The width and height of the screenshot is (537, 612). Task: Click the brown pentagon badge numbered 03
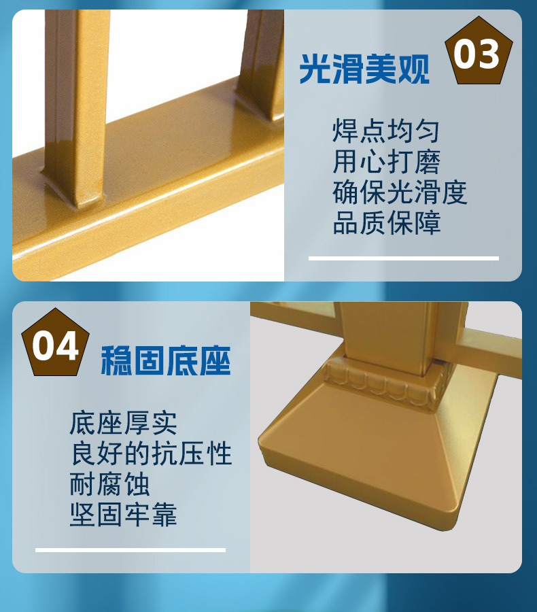click(479, 54)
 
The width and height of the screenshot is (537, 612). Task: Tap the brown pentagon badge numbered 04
click(56, 345)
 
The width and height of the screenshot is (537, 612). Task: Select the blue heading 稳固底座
click(166, 360)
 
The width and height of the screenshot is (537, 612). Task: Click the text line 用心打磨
click(386, 163)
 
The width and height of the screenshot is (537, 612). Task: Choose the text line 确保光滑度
click(400, 193)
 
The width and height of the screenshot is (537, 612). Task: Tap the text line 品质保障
click(386, 224)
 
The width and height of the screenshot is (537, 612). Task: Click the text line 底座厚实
click(123, 424)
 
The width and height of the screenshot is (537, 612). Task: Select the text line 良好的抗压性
click(150, 454)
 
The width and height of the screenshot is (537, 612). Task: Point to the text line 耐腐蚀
click(109, 485)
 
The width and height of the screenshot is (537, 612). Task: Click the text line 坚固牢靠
click(123, 515)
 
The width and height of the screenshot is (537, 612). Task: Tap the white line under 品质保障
click(404, 258)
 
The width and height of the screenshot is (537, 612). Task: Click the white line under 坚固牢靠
click(131, 549)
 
